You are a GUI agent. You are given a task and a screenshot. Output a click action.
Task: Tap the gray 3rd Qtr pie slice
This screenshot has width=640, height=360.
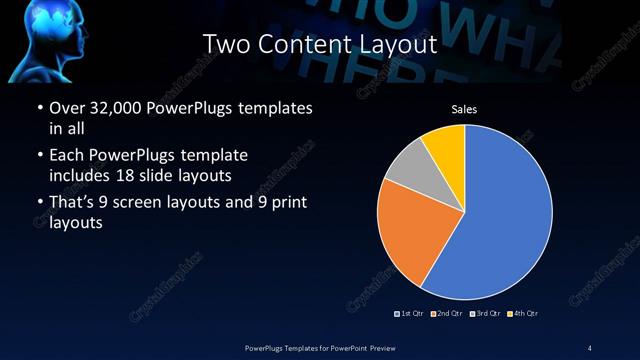(x=406, y=169)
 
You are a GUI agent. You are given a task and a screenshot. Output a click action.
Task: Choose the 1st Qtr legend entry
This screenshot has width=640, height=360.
(x=411, y=314)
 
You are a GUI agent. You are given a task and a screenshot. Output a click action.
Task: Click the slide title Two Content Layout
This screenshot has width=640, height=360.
(x=320, y=44)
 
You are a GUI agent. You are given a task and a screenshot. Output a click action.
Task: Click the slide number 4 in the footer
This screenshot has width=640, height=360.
(x=590, y=347)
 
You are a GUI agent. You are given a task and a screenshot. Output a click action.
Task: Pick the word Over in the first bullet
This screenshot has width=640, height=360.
(x=68, y=108)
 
